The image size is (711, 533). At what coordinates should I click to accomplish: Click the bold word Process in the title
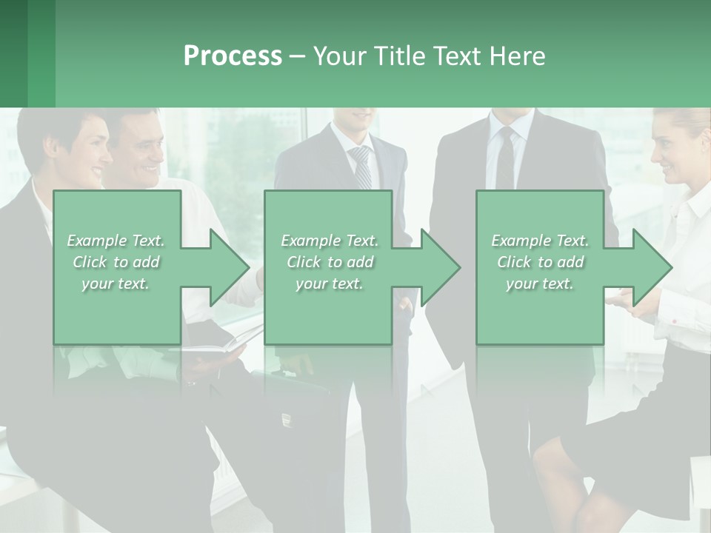[x=233, y=56]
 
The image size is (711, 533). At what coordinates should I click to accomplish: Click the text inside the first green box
[x=116, y=262]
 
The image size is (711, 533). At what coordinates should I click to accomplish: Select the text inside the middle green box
[x=329, y=262]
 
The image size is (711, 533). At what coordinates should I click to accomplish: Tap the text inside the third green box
[x=539, y=262]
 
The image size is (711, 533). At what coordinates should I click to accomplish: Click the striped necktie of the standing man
[x=361, y=167]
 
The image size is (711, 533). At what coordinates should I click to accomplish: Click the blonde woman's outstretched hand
[x=626, y=300]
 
